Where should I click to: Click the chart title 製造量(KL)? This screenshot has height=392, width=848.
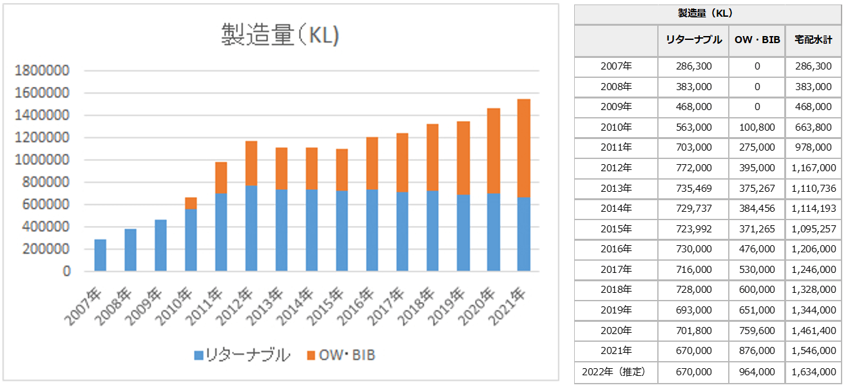point(280,35)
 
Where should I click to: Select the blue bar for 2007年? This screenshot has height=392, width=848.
point(101,255)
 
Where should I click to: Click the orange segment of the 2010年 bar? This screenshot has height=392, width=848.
point(191,203)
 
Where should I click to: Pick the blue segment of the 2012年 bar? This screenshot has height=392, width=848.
point(251,228)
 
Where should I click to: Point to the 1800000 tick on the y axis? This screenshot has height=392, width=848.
point(42,71)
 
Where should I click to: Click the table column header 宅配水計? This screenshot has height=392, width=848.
point(813,40)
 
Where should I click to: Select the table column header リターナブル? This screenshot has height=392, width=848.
point(693,40)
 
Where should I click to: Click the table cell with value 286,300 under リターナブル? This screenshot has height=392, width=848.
point(693,66)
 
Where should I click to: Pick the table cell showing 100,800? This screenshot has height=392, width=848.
point(756,127)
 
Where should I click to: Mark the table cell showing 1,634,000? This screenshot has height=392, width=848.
point(813,371)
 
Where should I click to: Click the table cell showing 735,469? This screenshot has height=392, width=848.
point(693,189)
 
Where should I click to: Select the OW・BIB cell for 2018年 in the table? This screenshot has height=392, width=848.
point(756,290)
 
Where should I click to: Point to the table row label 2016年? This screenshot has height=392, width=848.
point(616,249)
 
